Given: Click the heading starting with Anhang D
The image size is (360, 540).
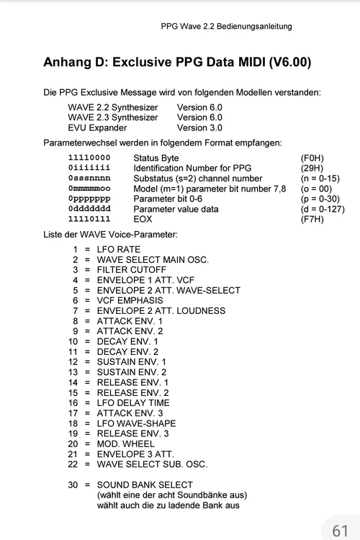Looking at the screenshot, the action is (177, 62).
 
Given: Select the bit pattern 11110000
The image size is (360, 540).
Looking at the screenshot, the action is (89, 158).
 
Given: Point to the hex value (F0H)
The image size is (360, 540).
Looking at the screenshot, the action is (312, 158).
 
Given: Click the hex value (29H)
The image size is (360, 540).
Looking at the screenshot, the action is (312, 168).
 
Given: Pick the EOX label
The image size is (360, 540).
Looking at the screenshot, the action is (143, 219).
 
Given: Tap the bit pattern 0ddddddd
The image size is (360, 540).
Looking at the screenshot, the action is (89, 209).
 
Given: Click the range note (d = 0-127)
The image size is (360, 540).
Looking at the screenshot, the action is (320, 209).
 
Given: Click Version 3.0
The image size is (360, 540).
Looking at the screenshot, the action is (199, 127).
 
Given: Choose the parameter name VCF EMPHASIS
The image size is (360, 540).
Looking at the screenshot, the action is (130, 300).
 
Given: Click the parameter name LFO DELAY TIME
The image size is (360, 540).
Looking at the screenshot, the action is (134, 402).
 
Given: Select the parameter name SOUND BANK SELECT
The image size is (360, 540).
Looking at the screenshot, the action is (145, 485).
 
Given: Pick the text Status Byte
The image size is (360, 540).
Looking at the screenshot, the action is (156, 158).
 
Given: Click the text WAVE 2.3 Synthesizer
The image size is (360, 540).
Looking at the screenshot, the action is (112, 117).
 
